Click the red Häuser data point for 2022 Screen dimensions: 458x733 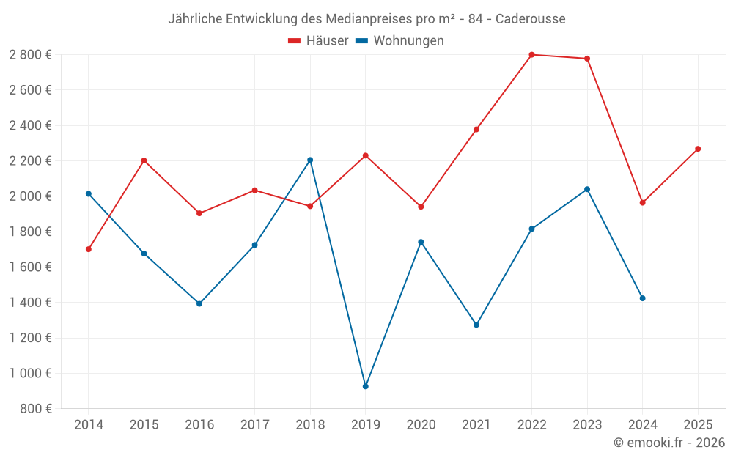[531, 55]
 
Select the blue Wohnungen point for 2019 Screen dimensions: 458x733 [365, 386]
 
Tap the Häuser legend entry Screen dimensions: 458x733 [318, 41]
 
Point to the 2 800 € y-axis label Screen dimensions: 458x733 [30, 55]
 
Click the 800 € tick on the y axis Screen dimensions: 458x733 [36, 409]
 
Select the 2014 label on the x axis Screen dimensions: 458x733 [89, 424]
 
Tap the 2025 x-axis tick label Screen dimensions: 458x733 [697, 424]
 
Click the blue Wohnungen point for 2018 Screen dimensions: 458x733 [310, 160]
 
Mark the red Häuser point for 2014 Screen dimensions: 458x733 [89, 249]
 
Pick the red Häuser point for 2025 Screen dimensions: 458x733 [698, 149]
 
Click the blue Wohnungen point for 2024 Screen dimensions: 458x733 [642, 298]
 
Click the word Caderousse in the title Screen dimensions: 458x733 [530, 19]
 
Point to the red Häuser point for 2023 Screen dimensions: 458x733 [587, 59]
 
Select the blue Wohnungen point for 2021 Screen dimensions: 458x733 [476, 325]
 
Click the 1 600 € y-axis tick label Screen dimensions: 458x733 [30, 267]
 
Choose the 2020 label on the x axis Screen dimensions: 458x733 [421, 424]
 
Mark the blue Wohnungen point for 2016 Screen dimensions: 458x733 [199, 303]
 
